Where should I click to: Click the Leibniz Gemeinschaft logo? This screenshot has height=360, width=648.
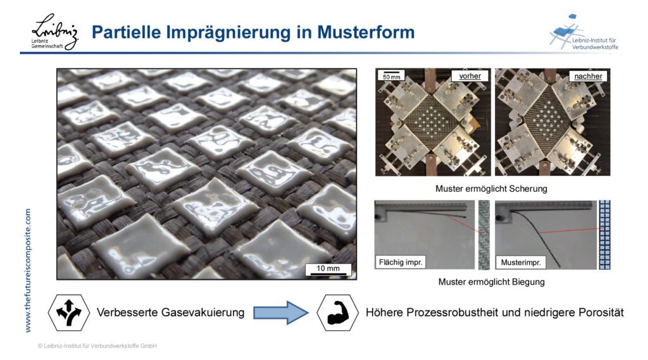(55, 32)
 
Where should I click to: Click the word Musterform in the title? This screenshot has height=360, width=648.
(366, 32)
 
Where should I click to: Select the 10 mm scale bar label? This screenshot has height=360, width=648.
(328, 268)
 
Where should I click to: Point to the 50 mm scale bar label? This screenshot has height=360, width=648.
(391, 77)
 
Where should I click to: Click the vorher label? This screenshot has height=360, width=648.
(470, 76)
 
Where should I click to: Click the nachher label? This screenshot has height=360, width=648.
(588, 76)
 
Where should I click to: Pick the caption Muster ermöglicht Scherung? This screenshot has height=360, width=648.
(491, 189)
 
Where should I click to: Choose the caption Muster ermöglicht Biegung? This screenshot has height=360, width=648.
(491, 282)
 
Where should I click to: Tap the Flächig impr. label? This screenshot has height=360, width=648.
(401, 262)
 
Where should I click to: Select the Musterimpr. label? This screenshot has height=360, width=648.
(521, 262)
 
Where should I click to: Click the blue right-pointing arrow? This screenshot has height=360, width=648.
(280, 313)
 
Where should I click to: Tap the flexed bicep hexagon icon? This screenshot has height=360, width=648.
(338, 313)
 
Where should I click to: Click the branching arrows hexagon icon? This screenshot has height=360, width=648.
(68, 313)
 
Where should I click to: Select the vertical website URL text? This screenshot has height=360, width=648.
(28, 270)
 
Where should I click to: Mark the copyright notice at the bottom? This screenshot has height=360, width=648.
(97, 346)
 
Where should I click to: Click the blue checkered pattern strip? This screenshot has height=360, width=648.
(604, 235)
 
